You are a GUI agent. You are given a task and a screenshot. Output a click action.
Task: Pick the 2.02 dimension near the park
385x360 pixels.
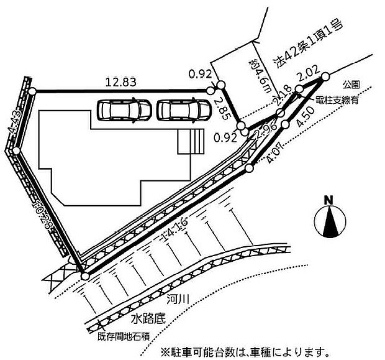tap(309, 77)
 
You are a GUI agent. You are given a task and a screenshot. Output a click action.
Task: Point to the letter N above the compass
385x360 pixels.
tap(329, 200)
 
